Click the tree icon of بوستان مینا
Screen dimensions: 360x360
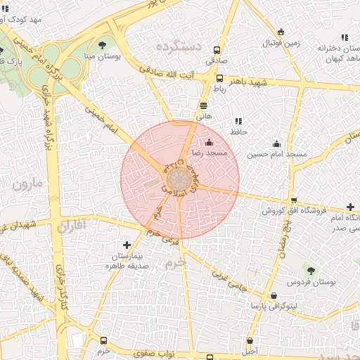pos(103,45)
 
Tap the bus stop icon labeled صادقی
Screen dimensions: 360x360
pos(217,51)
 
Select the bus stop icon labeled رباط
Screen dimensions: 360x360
pos(220,78)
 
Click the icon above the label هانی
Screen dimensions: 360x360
pos(204,105)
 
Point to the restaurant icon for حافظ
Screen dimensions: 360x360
pos(238,121)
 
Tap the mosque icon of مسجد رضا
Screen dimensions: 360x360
pos(208,143)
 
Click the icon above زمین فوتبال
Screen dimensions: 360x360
pos(281,32)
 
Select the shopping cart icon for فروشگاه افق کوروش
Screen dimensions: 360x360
pos(294,200)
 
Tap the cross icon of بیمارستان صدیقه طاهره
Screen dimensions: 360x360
pos(127,245)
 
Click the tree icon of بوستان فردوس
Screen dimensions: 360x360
pos(310,271)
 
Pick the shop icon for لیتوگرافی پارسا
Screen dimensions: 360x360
pos(273,296)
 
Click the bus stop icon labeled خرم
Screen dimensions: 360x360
pos(104,340)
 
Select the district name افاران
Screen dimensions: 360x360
pos(71,226)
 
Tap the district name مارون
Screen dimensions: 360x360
pos(27,184)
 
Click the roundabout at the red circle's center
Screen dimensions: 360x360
pos(179,179)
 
